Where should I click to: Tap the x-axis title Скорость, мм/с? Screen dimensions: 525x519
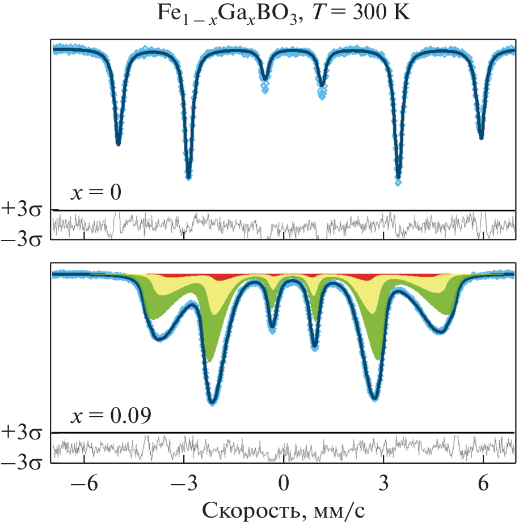point(284,510)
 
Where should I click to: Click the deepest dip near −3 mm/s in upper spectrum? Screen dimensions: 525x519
point(188,176)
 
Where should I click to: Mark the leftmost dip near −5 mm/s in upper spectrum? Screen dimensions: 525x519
point(118,143)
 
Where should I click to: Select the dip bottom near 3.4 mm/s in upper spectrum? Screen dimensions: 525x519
point(398,180)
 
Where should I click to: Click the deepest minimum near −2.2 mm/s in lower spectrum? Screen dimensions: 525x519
point(212,401)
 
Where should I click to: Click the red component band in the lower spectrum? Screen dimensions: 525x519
point(363,277)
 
